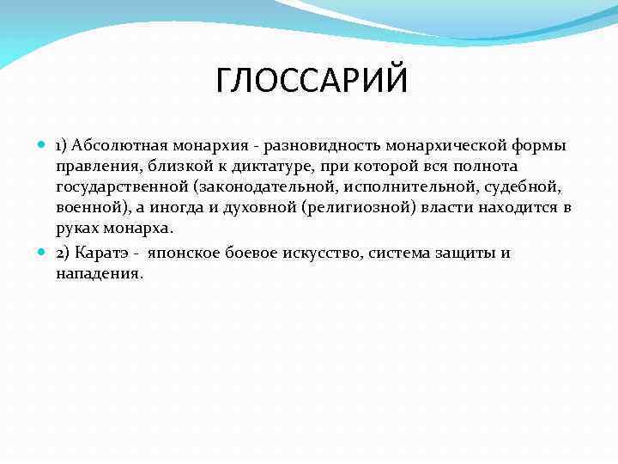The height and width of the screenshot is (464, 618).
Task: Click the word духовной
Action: pyautogui.click(x=266, y=208)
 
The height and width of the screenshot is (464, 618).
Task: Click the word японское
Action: pyautogui.click(x=186, y=253)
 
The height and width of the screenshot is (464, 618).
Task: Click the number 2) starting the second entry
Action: pyautogui.click(x=64, y=253)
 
